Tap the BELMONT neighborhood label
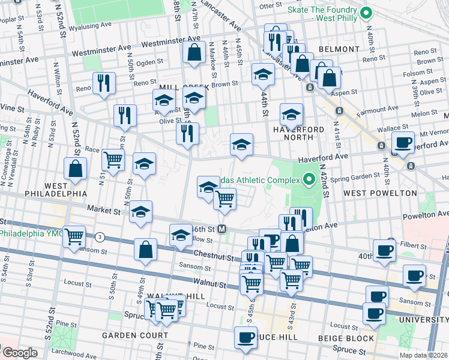pos(339,49)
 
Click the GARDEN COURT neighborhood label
pos(134,335)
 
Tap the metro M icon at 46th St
pos(221,229)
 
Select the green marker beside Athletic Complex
pos(309,179)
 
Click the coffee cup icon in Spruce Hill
pos(246,337)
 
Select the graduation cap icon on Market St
pos(140,211)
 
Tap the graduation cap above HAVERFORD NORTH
pos(291,113)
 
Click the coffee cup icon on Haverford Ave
pos(403,142)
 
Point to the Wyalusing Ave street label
pos(90,27)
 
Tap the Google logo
pos(19,353)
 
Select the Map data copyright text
pos(423,355)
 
